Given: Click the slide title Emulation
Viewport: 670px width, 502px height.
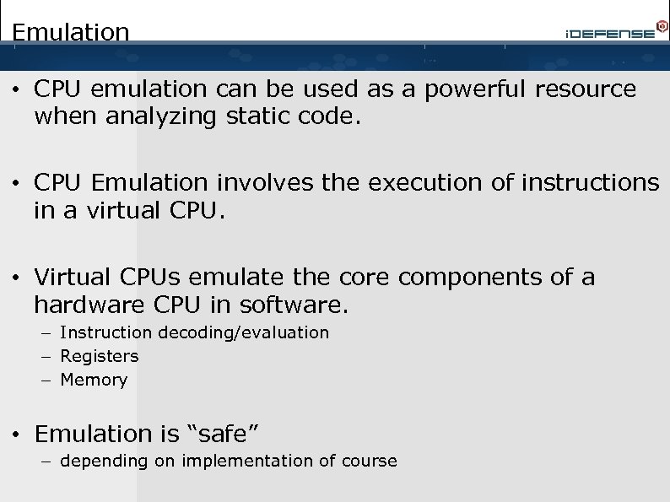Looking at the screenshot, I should (71, 32).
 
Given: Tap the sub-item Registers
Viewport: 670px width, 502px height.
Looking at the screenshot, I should (100, 356).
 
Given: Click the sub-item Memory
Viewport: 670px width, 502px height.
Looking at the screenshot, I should (94, 380).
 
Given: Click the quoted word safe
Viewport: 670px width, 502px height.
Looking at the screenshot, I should (222, 435).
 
